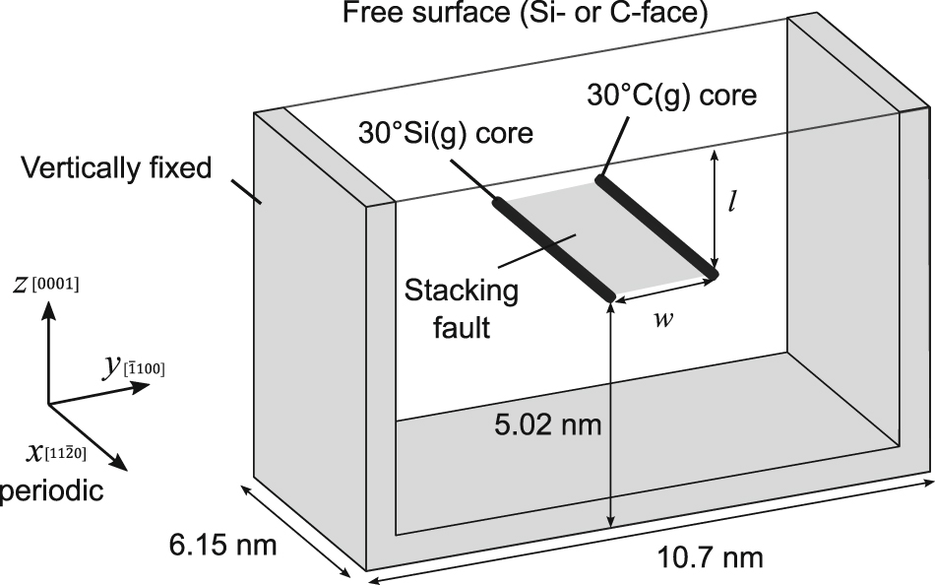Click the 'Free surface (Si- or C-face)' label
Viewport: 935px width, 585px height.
click(x=526, y=12)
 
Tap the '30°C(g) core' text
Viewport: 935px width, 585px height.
click(x=671, y=96)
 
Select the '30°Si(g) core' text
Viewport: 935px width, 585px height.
click(x=446, y=133)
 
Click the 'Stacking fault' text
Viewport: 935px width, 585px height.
click(x=462, y=309)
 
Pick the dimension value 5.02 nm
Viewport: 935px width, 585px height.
click(x=547, y=425)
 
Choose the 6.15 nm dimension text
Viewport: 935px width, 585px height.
click(x=223, y=545)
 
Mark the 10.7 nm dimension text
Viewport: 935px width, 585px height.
click(x=710, y=557)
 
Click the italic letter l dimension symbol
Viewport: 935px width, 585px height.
click(x=731, y=203)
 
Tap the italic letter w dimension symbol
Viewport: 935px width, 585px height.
click(x=663, y=319)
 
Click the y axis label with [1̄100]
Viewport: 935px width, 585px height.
click(x=133, y=365)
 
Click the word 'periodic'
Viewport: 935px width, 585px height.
click(x=52, y=491)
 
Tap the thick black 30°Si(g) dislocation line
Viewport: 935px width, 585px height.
click(x=553, y=249)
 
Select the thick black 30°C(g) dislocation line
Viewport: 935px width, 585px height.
click(x=656, y=227)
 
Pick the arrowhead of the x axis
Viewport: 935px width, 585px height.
click(x=119, y=462)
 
